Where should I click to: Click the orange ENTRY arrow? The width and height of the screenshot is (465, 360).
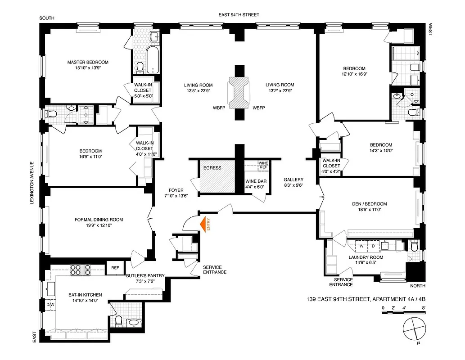208,224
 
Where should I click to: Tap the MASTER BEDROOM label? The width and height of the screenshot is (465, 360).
88,62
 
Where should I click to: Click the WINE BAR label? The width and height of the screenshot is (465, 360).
255,181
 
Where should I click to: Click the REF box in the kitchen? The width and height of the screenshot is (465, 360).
115,268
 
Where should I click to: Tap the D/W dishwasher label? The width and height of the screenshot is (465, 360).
50,305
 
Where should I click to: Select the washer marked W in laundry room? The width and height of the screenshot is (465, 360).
361,247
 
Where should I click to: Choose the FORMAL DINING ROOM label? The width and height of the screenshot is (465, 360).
99,220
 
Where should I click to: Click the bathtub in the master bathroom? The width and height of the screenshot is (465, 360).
153,59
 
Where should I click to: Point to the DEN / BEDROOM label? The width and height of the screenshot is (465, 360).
369,204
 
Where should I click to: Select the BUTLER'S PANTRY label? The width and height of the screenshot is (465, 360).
144,275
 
